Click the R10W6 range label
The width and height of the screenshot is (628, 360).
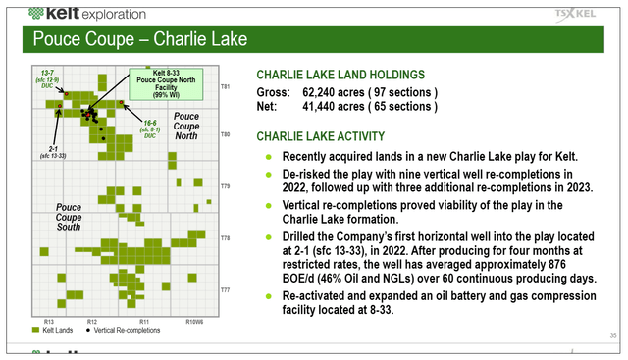pos(196,322)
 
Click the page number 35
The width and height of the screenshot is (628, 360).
pos(611,336)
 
